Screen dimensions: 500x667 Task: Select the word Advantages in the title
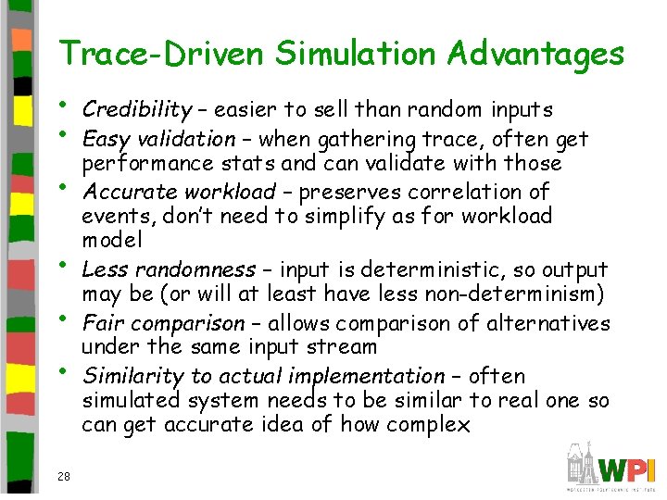tap(535, 54)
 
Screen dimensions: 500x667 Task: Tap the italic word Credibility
tap(136, 110)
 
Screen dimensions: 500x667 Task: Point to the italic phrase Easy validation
tap(158, 139)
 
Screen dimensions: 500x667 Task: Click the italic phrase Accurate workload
tap(179, 192)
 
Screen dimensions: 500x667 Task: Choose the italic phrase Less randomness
tap(168, 269)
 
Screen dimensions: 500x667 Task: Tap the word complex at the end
tap(434, 425)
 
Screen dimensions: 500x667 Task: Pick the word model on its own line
tap(112, 240)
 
